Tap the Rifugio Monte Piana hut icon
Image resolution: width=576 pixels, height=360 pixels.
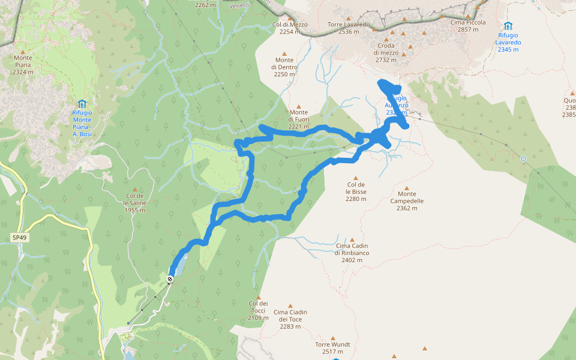coord(82,103)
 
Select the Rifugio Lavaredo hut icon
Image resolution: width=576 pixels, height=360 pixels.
coord(508,26)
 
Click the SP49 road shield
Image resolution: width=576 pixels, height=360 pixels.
coord(19,238)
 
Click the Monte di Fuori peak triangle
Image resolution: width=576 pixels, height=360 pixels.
coord(298,106)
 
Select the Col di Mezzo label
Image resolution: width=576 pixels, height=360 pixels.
coord(290,28)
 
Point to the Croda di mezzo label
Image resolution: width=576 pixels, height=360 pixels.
coord(386,53)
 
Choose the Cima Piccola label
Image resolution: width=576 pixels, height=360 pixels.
coord(468,26)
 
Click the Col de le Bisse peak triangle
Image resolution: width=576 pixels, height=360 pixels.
coord(356,178)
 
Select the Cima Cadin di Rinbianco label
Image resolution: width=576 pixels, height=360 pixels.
coord(352,250)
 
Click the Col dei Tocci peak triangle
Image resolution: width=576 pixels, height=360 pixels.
coord(258,297)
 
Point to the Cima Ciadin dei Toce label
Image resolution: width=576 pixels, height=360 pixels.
coord(290,316)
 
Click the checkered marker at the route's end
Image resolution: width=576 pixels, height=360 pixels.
coord(170,279)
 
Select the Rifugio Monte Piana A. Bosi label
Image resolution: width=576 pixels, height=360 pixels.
coord(82,124)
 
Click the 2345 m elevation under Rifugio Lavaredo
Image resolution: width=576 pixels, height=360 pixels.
coord(509,50)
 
